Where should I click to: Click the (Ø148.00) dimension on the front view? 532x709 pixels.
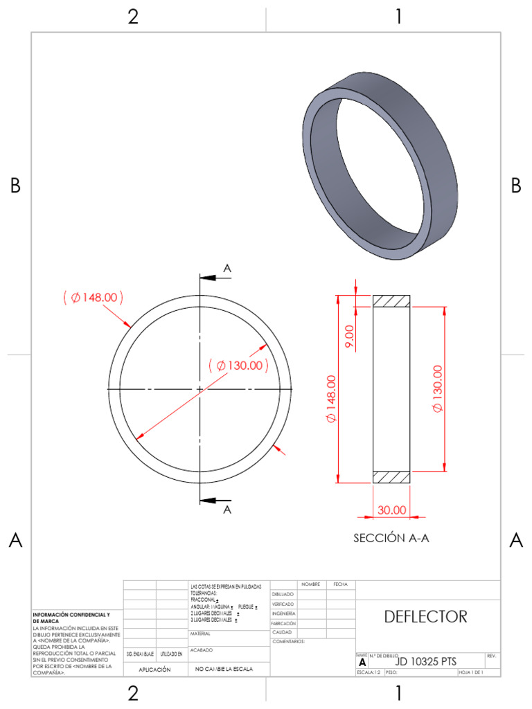click(x=93, y=298)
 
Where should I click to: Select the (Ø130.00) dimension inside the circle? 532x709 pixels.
click(x=238, y=365)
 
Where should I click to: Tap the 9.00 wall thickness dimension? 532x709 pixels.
click(x=349, y=337)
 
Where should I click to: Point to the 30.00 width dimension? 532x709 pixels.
click(x=391, y=510)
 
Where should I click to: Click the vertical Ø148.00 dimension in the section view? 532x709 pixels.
click(x=331, y=400)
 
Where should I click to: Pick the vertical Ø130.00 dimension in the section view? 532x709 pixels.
click(x=437, y=388)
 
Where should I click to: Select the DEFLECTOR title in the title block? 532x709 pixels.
click(x=425, y=616)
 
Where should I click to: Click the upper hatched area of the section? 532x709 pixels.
click(x=391, y=301)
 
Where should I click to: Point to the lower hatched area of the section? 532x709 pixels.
click(x=391, y=477)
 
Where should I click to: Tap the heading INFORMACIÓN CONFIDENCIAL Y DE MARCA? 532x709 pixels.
click(x=71, y=618)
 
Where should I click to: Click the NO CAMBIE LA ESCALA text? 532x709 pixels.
click(x=224, y=670)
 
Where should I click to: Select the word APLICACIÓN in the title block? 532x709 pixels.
click(x=154, y=670)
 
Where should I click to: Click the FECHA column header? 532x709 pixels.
click(x=340, y=584)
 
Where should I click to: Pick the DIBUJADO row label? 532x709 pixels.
click(x=283, y=594)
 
